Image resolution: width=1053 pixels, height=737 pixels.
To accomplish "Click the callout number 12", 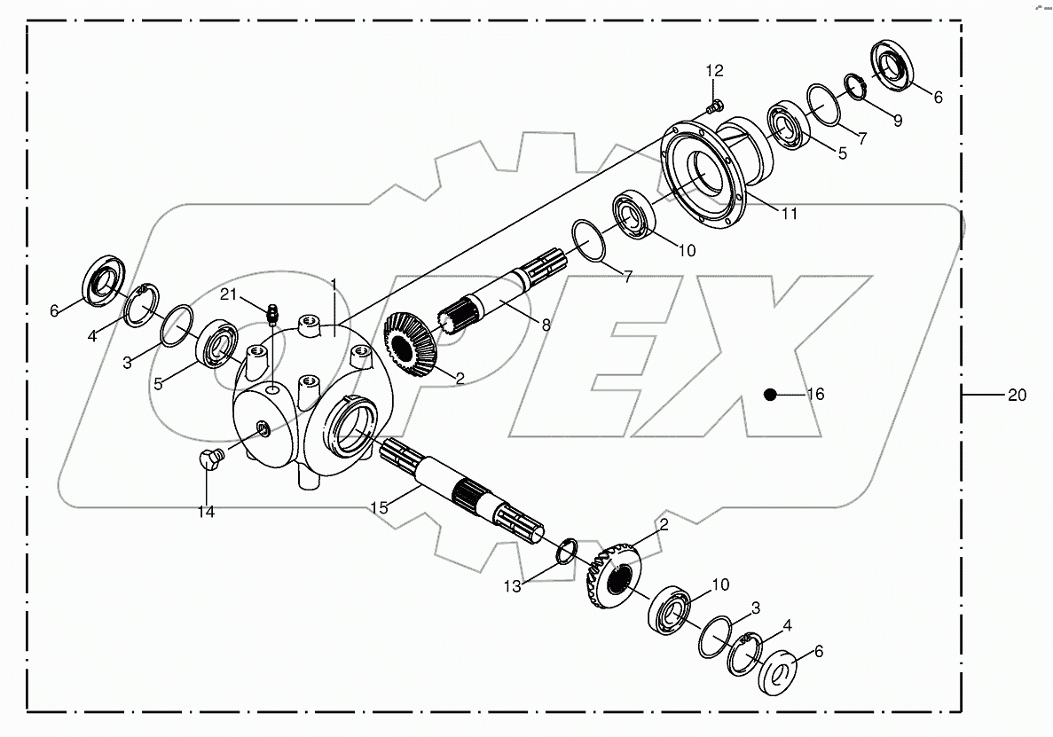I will (714, 70).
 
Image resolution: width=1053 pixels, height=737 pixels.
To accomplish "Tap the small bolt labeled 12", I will (711, 108).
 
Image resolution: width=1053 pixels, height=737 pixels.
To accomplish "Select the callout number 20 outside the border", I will (1017, 395).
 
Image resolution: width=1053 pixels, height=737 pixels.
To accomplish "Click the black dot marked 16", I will (771, 395).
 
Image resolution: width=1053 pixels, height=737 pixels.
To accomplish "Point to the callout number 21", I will (230, 294).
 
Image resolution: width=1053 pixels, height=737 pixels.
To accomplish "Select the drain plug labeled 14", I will (210, 458).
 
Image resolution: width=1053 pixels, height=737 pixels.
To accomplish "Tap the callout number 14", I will (206, 512).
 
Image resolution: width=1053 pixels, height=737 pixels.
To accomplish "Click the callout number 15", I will (379, 507).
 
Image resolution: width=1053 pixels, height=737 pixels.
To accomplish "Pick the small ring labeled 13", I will (566, 551).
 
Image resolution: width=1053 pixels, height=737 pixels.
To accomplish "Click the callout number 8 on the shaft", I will (546, 325).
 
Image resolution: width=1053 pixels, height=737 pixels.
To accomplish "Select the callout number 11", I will (789, 214).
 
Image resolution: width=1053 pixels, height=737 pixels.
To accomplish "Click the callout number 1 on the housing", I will (334, 284).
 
